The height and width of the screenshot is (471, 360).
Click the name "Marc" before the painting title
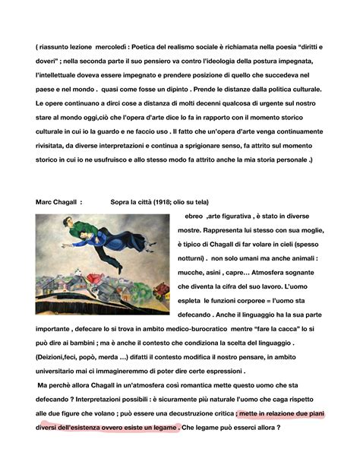(x=45, y=202)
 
